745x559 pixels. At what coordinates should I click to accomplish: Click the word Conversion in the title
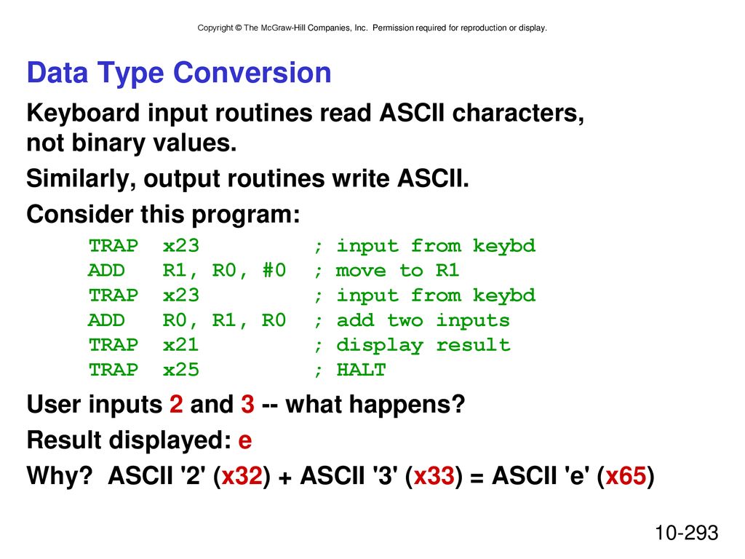pos(252,73)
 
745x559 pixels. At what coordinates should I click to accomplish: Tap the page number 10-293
pos(687,533)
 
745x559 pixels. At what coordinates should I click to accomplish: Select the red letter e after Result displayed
pos(244,441)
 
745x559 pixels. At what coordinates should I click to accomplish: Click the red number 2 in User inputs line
pos(176,404)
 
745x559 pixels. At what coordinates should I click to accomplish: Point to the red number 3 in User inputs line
pos(247,404)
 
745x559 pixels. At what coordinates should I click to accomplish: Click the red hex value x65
pos(626,476)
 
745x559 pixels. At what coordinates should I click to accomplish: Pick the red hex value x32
pos(242,476)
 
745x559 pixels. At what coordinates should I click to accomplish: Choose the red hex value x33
pos(434,476)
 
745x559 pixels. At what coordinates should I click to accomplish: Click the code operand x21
pos(180,344)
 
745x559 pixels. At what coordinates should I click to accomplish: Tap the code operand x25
pos(180,369)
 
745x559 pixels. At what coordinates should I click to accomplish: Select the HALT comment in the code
pos(361,369)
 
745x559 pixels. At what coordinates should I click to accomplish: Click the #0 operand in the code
pos(274,271)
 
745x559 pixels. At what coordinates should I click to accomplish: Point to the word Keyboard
pos(83,114)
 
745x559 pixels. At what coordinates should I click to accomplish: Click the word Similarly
pos(81,179)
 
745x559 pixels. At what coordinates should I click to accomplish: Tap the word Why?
pos(60,476)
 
